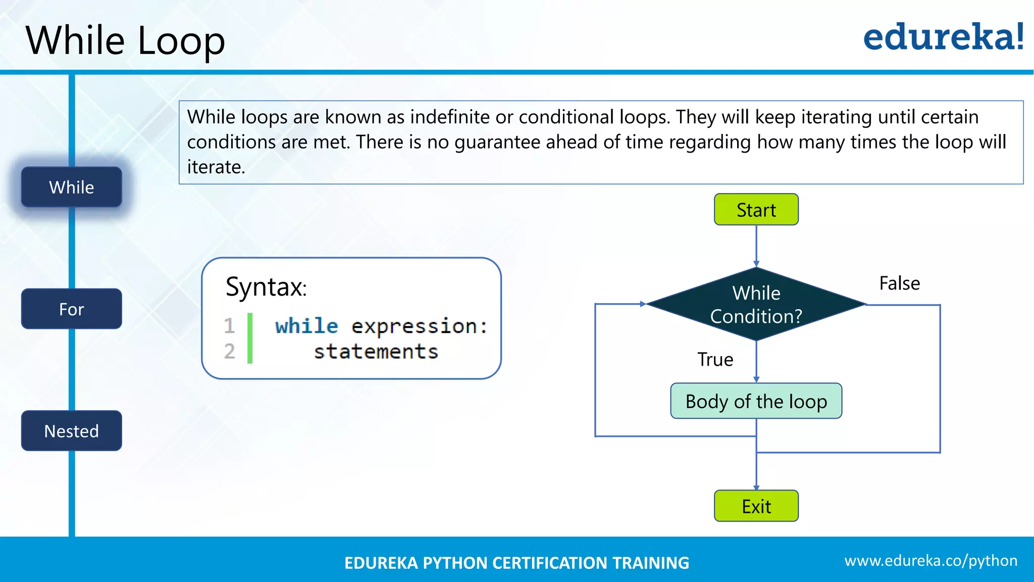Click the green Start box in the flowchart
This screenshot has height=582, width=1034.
pyautogui.click(x=756, y=210)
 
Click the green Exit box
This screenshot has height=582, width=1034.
pyautogui.click(x=756, y=506)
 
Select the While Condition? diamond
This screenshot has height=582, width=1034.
pyautogui.click(x=756, y=304)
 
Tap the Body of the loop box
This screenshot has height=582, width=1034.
pyautogui.click(x=756, y=401)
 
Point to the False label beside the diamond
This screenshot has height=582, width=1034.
pyautogui.click(x=899, y=283)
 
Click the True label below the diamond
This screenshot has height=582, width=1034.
pyautogui.click(x=715, y=360)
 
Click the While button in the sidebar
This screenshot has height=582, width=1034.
pyautogui.click(x=71, y=187)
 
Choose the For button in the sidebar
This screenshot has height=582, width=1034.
pyautogui.click(x=71, y=309)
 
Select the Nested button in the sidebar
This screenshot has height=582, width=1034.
pyautogui.click(x=71, y=431)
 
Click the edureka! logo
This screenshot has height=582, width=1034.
pyautogui.click(x=943, y=37)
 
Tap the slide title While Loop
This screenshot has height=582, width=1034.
pyautogui.click(x=125, y=40)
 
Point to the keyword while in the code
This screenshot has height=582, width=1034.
pyautogui.click(x=306, y=326)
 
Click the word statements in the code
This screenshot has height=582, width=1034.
pyautogui.click(x=376, y=352)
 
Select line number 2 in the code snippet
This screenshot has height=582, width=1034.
pyautogui.click(x=230, y=351)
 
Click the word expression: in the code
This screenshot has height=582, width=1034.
pyautogui.click(x=419, y=326)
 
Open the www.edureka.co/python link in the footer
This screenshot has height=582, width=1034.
pyautogui.click(x=930, y=561)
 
